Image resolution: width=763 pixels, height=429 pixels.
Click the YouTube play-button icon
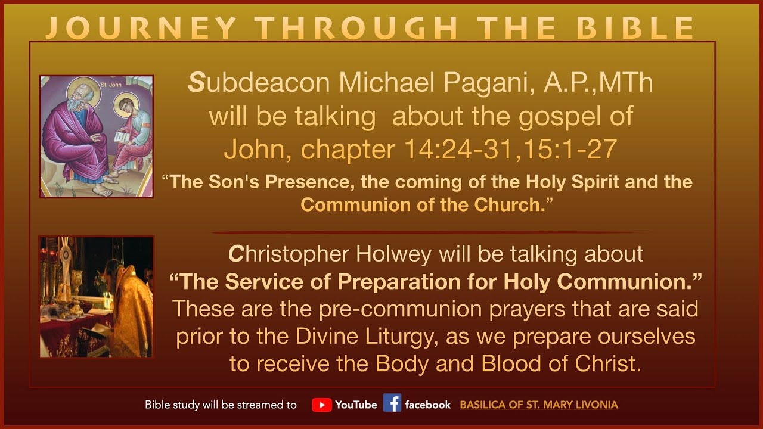(321, 405)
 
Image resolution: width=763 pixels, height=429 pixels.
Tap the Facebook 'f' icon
(392, 403)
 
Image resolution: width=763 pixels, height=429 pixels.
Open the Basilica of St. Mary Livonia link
(538, 405)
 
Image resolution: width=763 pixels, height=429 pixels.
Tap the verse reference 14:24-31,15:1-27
(510, 150)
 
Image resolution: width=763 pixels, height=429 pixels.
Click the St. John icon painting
(97, 136)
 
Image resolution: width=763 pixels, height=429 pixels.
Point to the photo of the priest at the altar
(97, 296)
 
